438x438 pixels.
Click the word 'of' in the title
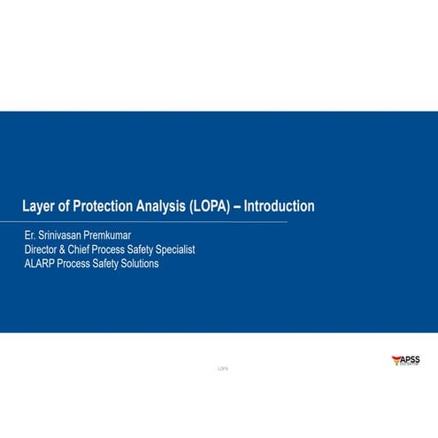71,207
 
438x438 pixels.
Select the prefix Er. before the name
30,236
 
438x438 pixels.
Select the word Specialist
175,250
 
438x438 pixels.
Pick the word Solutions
141,264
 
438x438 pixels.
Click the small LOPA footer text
222,367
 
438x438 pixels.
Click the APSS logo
406,360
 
